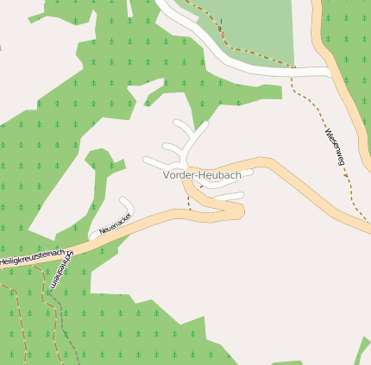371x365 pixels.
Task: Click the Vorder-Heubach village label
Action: point(202,175)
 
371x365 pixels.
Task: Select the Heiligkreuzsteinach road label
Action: point(32,256)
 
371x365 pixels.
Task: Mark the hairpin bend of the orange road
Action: point(240,209)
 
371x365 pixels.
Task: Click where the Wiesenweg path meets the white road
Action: point(293,69)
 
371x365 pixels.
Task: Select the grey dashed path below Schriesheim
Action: point(69,328)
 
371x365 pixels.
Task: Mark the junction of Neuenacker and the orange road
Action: point(92,236)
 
